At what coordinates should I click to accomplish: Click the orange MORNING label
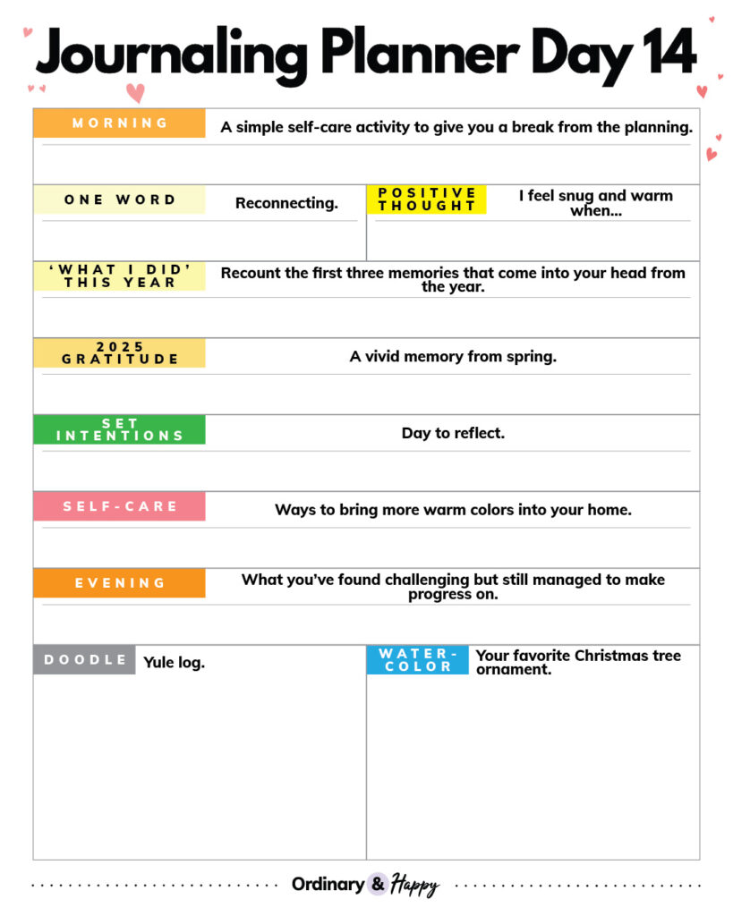[x=119, y=123]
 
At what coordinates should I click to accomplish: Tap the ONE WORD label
[x=119, y=199]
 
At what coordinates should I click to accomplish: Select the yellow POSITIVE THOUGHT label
[x=426, y=199]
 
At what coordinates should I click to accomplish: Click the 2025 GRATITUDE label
[x=119, y=353]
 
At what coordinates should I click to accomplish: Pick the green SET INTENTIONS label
[x=119, y=429]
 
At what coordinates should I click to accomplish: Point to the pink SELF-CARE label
[x=119, y=506]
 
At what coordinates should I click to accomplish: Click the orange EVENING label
[x=119, y=583]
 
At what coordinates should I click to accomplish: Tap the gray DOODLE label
[x=85, y=660]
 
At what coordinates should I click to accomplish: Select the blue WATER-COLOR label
[x=417, y=660]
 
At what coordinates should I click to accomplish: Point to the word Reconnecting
[x=286, y=203]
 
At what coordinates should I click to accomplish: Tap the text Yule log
[x=174, y=663]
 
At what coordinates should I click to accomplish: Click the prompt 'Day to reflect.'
[x=453, y=433]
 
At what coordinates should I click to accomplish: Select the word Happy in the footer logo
[x=413, y=885]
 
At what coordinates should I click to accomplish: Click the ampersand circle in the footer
[x=378, y=884]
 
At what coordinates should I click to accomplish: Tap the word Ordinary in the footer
[x=328, y=885]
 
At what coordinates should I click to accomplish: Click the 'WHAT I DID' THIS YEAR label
[x=119, y=276]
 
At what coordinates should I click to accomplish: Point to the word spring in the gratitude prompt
[x=530, y=356]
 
